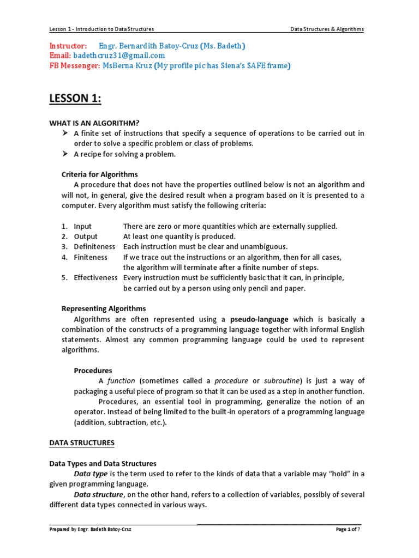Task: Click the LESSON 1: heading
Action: pyautogui.click(x=75, y=99)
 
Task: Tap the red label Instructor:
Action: pyautogui.click(x=68, y=45)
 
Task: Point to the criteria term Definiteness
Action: pyautogui.click(x=94, y=246)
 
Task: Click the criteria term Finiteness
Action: pyautogui.click(x=91, y=257)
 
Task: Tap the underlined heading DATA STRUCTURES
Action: pyautogui.click(x=82, y=443)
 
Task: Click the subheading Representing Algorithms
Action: pyautogui.click(x=104, y=308)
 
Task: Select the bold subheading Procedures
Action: pyautogui.click(x=93, y=371)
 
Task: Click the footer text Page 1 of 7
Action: pyautogui.click(x=348, y=529)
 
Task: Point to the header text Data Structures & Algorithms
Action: pyautogui.click(x=327, y=29)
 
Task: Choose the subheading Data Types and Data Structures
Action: pyautogui.click(x=103, y=463)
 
